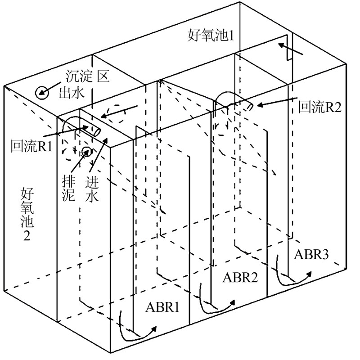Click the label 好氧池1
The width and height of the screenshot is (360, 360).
coord(211,36)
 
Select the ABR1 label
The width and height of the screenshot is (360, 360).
coord(162,307)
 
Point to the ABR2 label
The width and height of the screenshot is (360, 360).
coord(240,277)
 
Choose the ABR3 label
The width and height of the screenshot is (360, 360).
coord(311,254)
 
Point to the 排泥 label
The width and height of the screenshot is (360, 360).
coord(68,189)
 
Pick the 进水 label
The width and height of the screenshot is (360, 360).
coord(92,189)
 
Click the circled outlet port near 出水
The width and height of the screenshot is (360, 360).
coord(42,93)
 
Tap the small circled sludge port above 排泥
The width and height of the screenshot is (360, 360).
coord(87,151)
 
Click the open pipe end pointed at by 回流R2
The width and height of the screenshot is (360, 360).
coord(250,106)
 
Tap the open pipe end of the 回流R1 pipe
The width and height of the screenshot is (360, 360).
coord(96,131)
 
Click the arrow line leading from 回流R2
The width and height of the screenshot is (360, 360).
coord(276,102)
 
